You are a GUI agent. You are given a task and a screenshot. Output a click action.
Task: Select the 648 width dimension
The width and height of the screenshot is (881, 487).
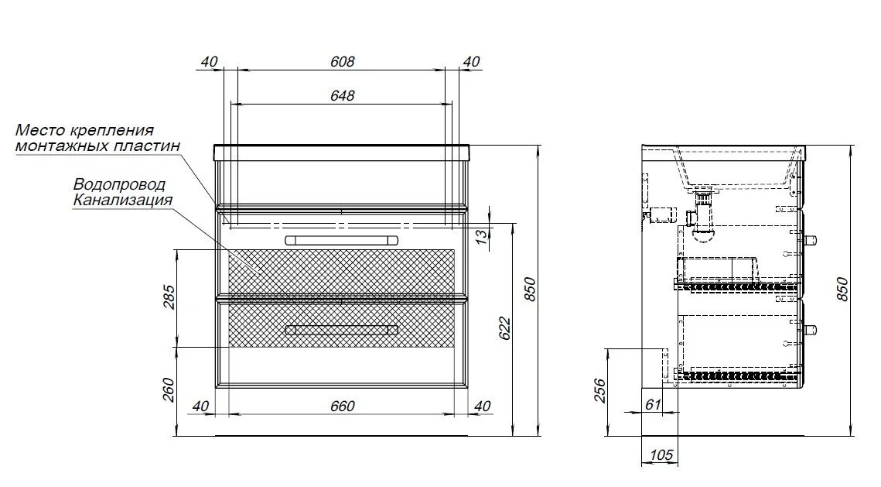[342, 95]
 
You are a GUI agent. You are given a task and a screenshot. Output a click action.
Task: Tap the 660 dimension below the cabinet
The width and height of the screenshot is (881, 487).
[342, 406]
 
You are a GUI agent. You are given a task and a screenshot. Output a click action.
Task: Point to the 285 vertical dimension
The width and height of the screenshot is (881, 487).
[169, 297]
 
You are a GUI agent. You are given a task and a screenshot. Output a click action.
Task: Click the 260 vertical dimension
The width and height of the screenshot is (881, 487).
[169, 389]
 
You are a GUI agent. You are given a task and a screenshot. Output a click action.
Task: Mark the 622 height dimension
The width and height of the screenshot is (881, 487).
[504, 328]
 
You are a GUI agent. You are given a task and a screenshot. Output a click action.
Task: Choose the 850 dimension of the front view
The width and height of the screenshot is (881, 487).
[531, 289]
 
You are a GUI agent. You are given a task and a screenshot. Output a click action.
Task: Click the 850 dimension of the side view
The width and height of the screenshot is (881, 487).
[843, 289]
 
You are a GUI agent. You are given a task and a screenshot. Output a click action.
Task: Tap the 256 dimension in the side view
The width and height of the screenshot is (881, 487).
[599, 391]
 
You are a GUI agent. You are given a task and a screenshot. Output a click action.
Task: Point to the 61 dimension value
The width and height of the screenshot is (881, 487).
[653, 404]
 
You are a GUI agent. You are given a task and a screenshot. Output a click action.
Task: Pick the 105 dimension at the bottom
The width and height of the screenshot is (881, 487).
[661, 454]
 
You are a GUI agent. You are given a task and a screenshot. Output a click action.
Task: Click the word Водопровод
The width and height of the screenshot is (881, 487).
[120, 184]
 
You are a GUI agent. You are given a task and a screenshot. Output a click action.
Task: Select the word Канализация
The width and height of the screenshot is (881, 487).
[123, 200]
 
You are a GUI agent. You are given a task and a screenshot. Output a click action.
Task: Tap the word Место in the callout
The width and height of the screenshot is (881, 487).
[39, 130]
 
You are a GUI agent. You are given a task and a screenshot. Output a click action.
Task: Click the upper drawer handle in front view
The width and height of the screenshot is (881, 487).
[342, 240]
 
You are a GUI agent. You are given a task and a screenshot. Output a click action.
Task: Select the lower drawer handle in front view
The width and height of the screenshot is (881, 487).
[342, 330]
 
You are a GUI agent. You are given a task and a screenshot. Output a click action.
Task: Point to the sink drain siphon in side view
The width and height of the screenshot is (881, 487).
[702, 217]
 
